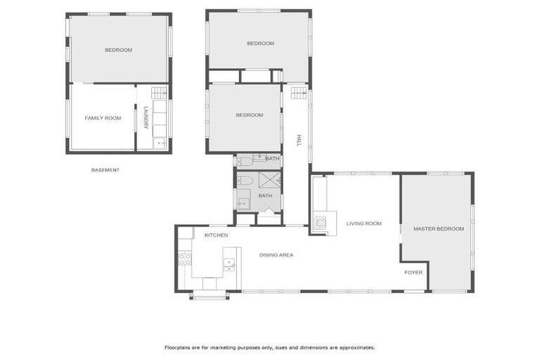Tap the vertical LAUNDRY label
(x=146, y=117)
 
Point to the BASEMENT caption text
(x=105, y=170)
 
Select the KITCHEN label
(x=216, y=235)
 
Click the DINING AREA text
(x=276, y=255)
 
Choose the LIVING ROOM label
(x=364, y=224)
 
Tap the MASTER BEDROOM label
(x=438, y=229)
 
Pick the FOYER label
(x=413, y=272)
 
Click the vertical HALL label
(x=298, y=141)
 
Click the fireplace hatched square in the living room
(x=320, y=224)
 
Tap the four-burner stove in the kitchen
(x=185, y=259)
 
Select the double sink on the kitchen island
(x=229, y=264)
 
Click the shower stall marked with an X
(x=269, y=179)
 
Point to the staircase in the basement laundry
(x=160, y=92)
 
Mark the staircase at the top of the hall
(x=299, y=92)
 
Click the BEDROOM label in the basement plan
(x=118, y=50)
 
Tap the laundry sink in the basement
(x=160, y=143)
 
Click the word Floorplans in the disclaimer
(x=178, y=347)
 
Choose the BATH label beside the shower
(x=265, y=195)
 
